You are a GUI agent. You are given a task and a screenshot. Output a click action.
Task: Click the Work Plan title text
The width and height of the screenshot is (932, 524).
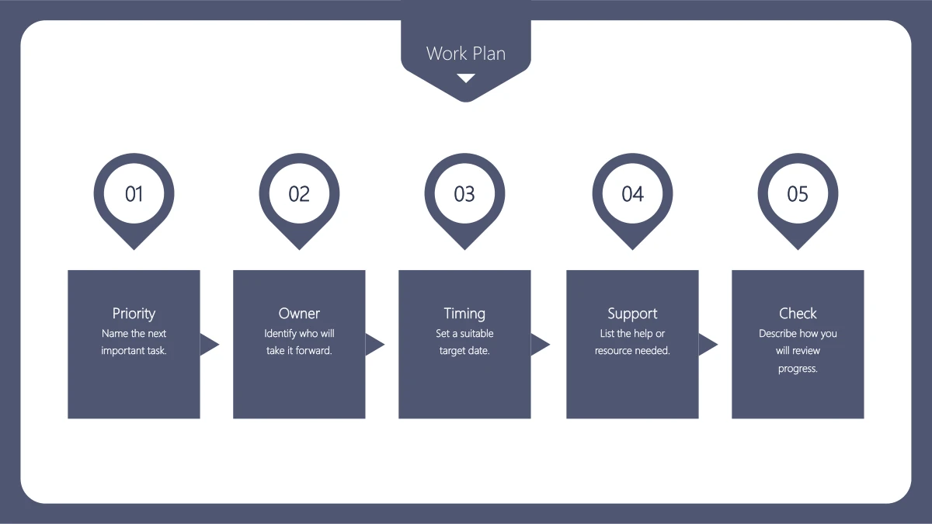tap(466, 54)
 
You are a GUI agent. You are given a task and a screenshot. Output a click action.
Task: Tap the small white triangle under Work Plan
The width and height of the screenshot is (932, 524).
tap(466, 78)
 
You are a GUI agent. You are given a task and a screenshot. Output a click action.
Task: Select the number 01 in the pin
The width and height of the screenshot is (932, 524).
tap(134, 194)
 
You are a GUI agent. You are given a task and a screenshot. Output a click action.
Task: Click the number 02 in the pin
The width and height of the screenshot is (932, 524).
tap(299, 194)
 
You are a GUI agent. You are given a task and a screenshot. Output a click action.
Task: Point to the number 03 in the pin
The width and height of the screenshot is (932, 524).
tap(464, 194)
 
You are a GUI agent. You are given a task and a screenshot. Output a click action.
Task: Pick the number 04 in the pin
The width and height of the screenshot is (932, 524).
tap(632, 194)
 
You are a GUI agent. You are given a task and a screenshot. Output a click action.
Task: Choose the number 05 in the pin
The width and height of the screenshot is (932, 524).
tap(798, 194)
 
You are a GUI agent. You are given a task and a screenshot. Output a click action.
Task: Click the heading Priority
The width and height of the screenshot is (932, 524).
tap(134, 314)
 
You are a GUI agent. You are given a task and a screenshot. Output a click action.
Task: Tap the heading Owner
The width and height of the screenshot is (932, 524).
tap(299, 313)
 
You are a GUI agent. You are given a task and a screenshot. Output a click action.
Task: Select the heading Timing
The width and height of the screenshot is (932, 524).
tap(464, 314)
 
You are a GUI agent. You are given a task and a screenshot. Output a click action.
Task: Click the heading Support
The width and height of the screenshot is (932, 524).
tap(632, 314)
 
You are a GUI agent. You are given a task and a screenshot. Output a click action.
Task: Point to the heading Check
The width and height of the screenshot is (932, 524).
tap(798, 313)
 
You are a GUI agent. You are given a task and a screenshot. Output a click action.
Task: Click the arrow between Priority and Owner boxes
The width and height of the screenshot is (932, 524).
tap(209, 345)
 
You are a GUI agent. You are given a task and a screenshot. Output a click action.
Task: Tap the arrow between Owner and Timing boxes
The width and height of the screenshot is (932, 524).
tap(374, 345)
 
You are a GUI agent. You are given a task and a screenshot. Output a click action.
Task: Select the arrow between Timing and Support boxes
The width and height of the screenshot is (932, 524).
tap(540, 345)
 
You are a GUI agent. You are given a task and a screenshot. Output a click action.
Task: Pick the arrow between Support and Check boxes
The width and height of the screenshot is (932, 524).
tap(708, 345)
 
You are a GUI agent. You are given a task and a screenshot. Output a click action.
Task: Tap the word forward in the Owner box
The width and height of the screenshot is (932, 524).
tap(313, 351)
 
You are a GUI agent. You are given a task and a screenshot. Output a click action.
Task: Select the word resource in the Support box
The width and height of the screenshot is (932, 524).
tap(612, 351)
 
